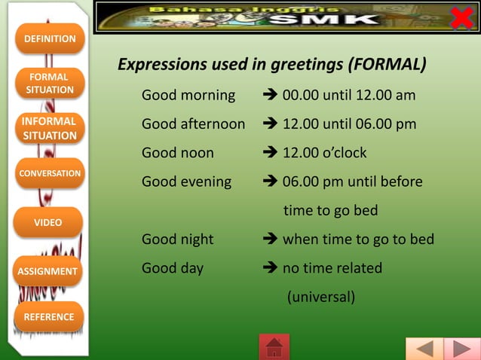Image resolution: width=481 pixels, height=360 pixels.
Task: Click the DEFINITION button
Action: click(50, 38)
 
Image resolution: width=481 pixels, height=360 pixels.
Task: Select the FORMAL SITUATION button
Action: click(50, 83)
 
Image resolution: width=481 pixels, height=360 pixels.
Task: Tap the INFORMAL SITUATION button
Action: click(50, 128)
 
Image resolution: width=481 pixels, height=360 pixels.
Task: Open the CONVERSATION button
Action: click(50, 173)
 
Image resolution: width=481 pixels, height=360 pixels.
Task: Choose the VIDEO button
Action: click(48, 222)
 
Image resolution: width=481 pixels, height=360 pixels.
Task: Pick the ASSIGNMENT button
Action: click(48, 271)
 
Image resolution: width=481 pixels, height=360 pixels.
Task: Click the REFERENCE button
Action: click(48, 317)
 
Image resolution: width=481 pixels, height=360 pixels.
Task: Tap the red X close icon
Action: click(461, 16)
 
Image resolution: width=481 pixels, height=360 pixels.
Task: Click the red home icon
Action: click(274, 347)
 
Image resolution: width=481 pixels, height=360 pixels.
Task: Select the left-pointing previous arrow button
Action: click(424, 349)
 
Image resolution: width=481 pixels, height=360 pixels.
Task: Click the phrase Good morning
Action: click(188, 96)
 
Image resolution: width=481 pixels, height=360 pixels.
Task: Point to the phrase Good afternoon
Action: click(193, 124)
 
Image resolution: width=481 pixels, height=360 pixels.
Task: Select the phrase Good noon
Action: click(178, 153)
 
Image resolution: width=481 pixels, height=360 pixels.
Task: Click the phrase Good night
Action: click(178, 239)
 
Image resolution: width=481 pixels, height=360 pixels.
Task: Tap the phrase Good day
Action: click(173, 268)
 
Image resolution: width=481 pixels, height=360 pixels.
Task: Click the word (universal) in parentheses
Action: click(320, 297)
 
